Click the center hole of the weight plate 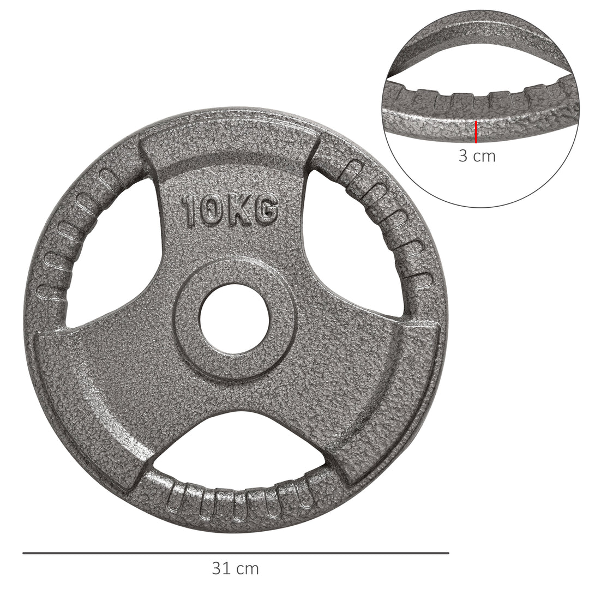coord(235,318)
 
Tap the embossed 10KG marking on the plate coord(230,211)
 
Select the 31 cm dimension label coord(235,569)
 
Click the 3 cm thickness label coord(477,156)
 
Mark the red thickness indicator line coord(476,132)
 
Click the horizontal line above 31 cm coord(235,553)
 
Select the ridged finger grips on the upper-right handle coord(393,224)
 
